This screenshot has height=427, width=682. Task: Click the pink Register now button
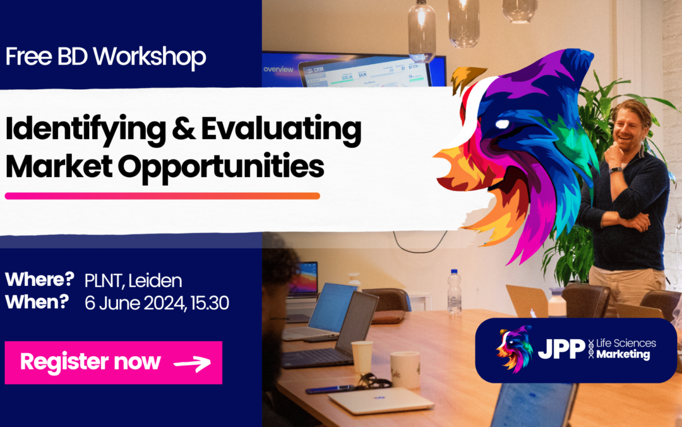point(114,362)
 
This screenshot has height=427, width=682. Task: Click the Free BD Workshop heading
point(105,58)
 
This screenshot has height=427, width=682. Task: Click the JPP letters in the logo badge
point(562,350)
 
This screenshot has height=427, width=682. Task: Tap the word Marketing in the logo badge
point(623,355)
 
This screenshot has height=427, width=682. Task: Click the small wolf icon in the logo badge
point(514,349)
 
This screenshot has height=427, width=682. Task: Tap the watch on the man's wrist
point(616,170)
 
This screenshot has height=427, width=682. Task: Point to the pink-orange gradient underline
point(162,196)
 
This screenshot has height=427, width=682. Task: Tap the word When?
point(37,302)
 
